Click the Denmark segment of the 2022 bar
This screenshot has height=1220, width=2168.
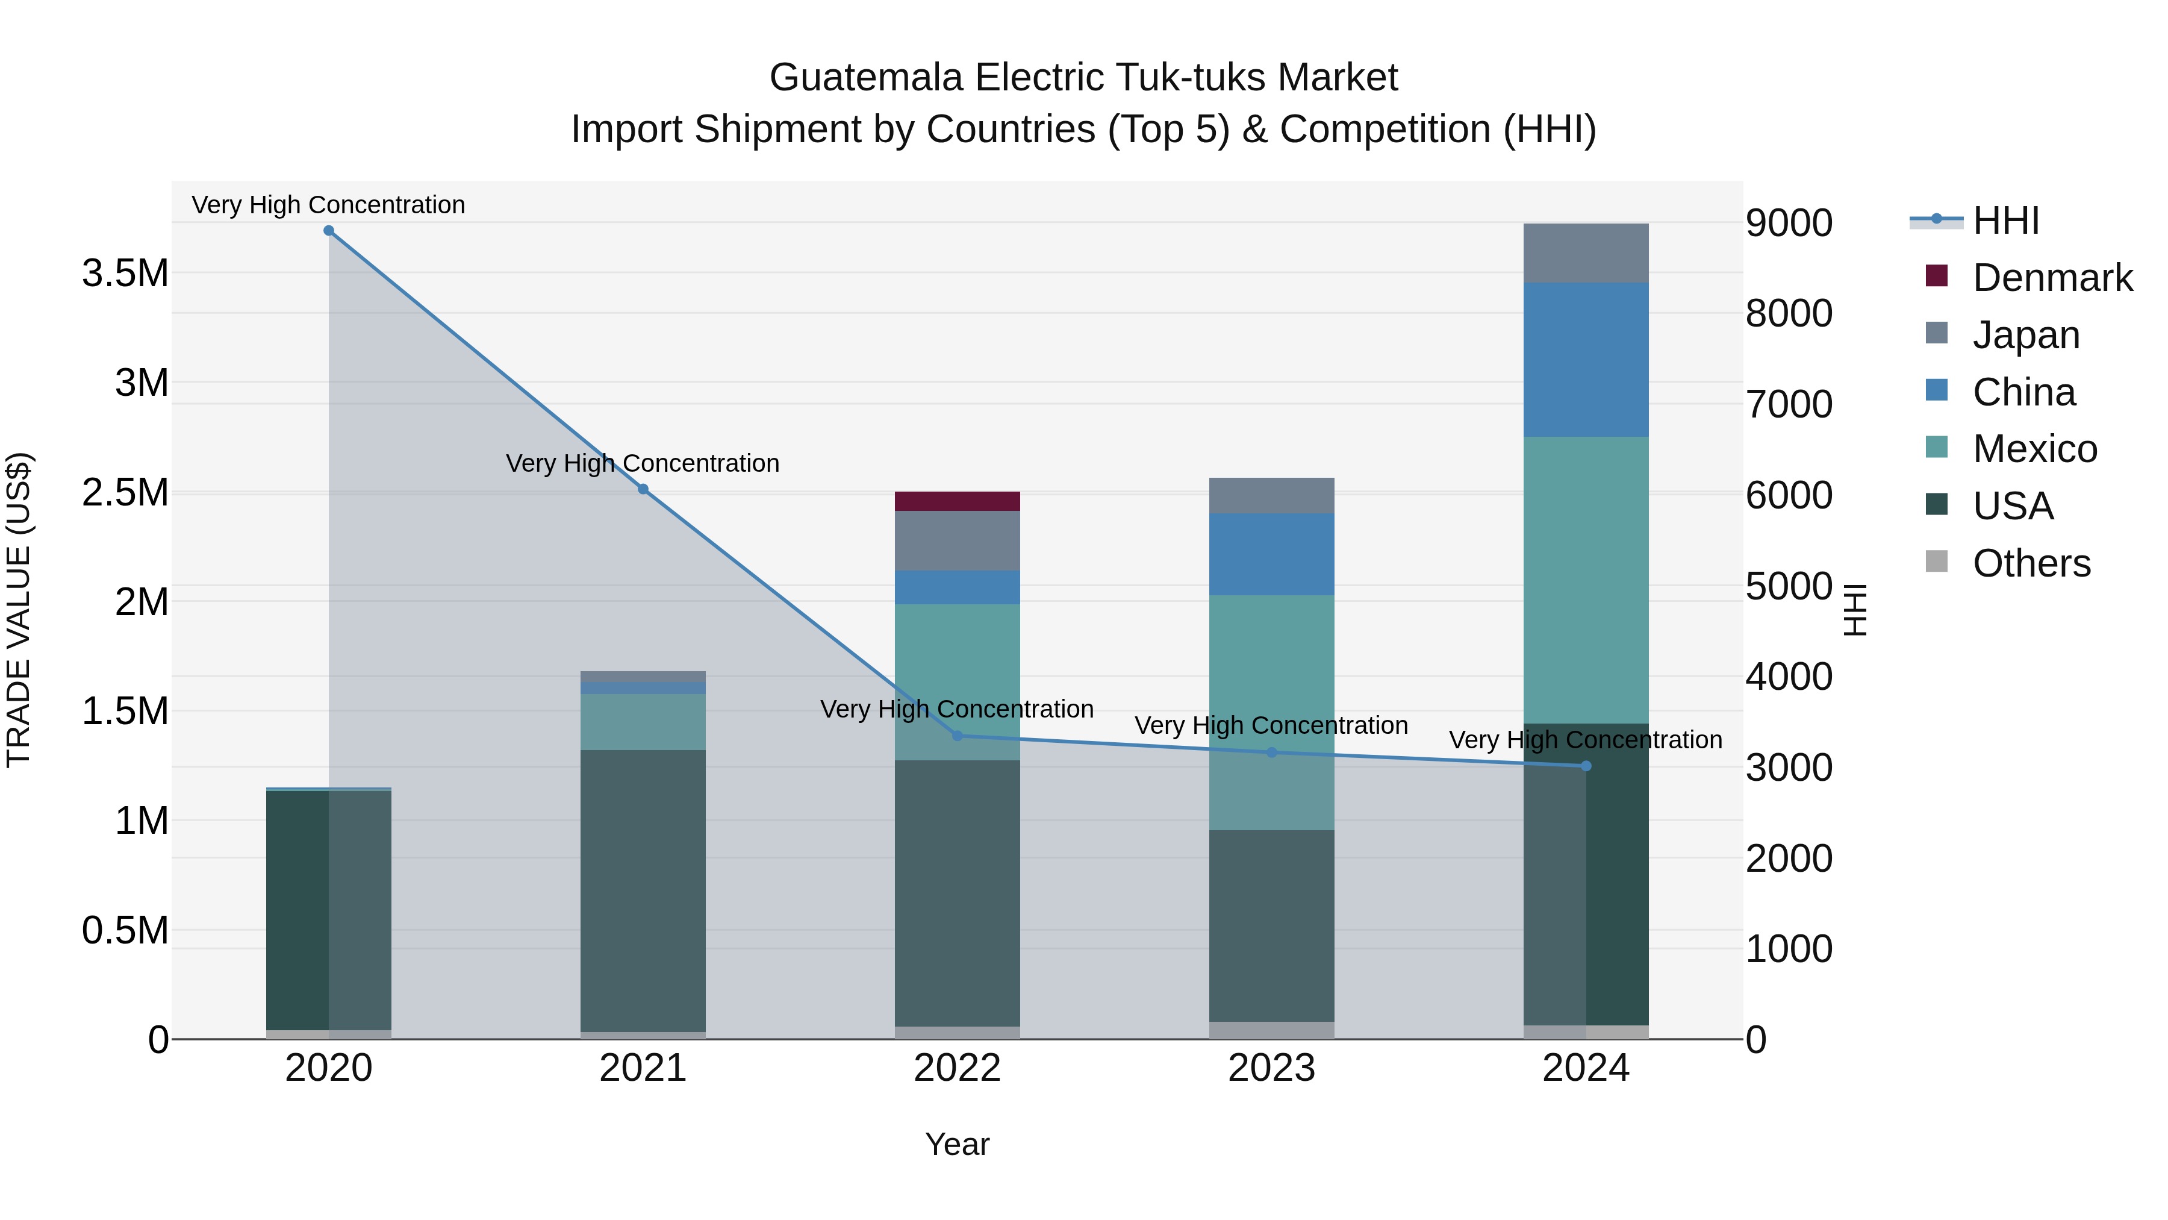point(957,501)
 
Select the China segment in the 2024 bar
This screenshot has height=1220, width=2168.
point(1586,360)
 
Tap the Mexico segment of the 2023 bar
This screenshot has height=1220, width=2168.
point(1271,712)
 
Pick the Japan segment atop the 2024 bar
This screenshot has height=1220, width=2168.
point(1586,252)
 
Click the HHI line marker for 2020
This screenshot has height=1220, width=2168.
point(329,231)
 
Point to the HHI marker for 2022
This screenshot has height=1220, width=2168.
point(957,736)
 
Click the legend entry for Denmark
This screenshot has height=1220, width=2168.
point(2051,278)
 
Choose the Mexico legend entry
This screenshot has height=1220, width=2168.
point(2034,449)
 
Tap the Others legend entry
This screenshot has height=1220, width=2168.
point(2031,563)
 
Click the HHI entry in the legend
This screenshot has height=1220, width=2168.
point(2005,221)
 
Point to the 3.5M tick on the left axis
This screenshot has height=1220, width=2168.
point(125,274)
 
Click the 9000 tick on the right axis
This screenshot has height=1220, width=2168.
point(1789,223)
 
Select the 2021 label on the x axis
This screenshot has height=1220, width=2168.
point(643,1068)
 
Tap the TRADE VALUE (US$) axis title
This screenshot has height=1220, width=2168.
point(19,610)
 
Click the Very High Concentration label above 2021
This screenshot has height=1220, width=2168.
point(643,463)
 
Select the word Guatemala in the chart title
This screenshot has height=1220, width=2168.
point(866,78)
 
